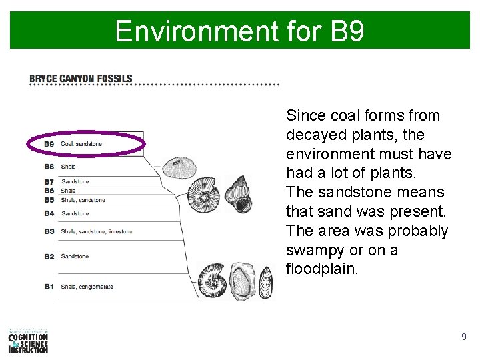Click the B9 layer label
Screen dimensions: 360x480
pos(49,144)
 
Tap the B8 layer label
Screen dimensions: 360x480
pos(49,167)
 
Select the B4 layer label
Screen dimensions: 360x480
pos(49,213)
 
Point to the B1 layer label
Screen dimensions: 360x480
pos(49,287)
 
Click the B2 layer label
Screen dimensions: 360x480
pos(49,257)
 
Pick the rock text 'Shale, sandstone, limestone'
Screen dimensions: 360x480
pos(97,231)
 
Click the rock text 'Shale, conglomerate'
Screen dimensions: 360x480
pos(87,287)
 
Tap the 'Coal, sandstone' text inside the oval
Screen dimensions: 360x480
pos(81,144)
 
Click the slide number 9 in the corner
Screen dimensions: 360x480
pos(463,337)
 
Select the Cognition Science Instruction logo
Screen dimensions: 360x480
pos(28,341)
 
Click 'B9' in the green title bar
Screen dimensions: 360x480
pos(347,31)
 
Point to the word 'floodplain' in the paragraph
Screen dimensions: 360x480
pos(321,269)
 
